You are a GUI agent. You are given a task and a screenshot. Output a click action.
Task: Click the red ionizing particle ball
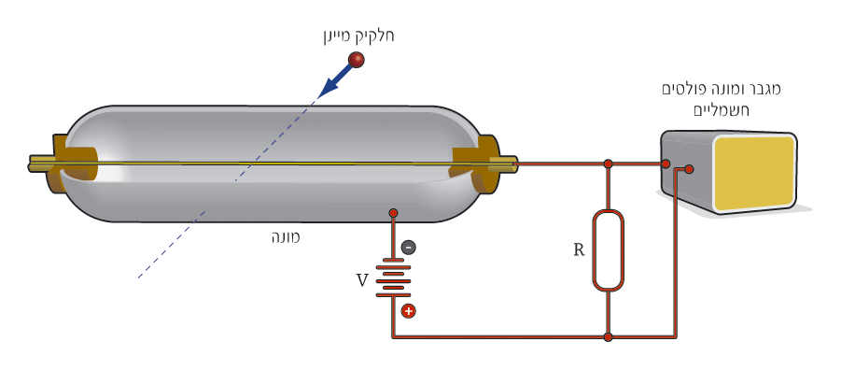356,60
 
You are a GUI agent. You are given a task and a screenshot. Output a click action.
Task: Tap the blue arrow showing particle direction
336,78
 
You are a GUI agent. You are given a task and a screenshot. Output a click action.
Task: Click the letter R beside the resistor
579,249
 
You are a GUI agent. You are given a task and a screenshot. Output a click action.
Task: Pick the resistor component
608,250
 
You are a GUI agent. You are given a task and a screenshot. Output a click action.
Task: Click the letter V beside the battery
362,279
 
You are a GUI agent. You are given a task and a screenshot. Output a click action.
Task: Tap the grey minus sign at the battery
408,247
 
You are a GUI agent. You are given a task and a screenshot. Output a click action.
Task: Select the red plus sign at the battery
408,311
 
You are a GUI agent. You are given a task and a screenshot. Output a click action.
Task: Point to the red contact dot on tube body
393,213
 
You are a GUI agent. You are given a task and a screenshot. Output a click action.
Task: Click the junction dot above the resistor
608,164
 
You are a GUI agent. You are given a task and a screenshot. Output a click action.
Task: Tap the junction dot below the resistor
608,337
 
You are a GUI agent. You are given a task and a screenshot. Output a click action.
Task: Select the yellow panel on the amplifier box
754,171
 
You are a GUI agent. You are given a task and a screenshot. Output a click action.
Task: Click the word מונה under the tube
286,236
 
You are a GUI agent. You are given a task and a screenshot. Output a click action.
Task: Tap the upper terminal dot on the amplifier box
666,164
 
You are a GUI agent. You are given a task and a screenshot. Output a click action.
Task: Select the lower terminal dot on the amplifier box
689,169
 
